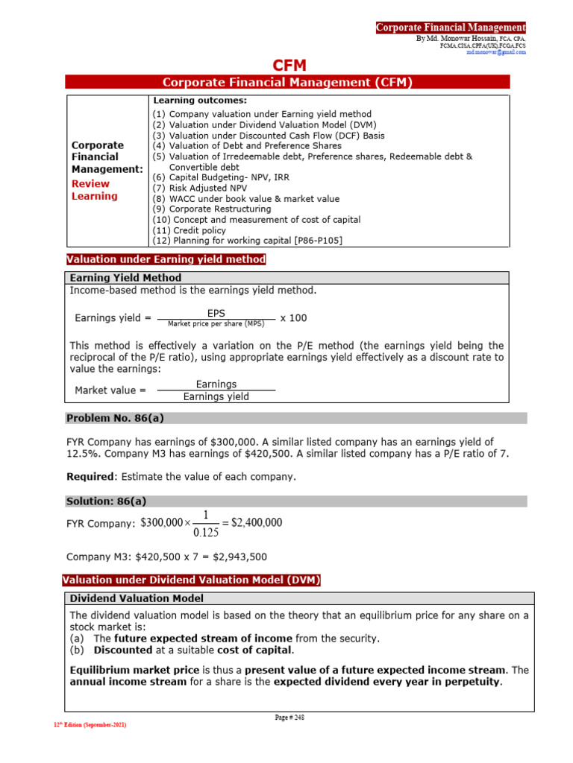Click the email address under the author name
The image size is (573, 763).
(496, 53)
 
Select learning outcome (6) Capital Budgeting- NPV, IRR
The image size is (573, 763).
(211, 177)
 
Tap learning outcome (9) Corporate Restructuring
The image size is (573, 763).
(212, 209)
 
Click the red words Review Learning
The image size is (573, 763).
(94, 190)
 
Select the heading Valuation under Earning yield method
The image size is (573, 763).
(166, 259)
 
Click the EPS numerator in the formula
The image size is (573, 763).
(216, 314)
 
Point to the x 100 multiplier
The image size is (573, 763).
(293, 318)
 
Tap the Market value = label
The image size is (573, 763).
(110, 390)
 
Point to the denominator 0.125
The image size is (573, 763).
(206, 533)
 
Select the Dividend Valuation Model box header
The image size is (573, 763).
(137, 598)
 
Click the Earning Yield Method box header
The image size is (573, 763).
(125, 278)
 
